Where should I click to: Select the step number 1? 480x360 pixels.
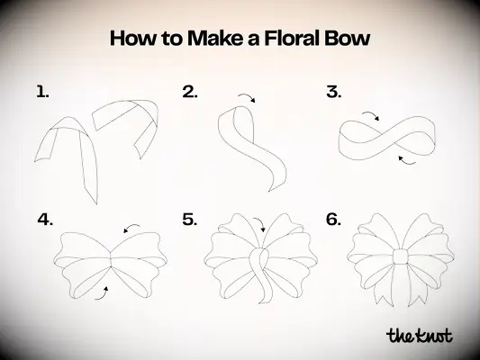point(41,91)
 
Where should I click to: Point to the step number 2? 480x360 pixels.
point(189,91)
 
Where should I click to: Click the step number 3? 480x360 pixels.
point(333,91)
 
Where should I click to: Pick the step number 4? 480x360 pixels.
point(45,219)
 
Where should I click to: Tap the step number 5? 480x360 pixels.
point(189,219)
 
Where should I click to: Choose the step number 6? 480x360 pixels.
point(333,219)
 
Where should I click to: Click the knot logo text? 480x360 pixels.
point(419,336)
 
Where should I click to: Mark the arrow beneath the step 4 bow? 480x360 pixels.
point(106,290)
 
